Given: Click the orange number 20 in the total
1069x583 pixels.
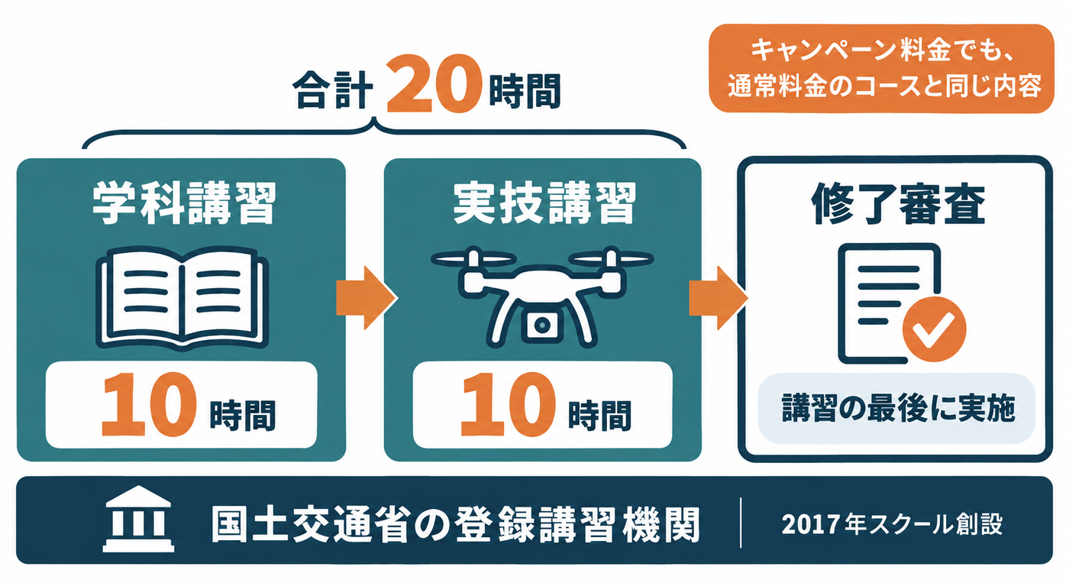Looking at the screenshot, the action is coord(432,84).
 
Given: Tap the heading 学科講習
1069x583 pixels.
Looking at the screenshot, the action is coord(184,203).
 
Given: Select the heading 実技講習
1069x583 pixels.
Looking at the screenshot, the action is coord(544,203).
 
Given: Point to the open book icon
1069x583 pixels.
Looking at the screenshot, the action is coord(182,298).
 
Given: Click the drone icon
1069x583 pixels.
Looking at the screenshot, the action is coord(542,296).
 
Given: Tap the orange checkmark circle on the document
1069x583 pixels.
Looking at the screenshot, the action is coord(934,329).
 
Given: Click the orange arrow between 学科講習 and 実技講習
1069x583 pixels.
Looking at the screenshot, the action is coord(367,298).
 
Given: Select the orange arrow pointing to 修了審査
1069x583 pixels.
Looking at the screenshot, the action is coord(719,298).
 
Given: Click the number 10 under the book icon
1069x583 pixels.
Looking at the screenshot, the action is coord(150,405).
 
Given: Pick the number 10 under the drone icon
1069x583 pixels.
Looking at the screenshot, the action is coord(508,405).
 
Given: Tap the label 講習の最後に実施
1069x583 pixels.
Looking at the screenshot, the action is coord(898,408).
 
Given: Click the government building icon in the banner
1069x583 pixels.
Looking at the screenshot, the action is coord(138,519).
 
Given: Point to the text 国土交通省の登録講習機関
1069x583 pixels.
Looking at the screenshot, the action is coord(455,525).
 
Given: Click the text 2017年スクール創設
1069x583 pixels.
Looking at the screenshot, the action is coord(892,524).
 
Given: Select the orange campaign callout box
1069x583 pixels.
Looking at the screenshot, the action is coord(881,69).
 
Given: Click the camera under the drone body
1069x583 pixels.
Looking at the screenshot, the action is coord(541,326).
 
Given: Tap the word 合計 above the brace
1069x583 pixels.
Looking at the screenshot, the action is coord(332,90).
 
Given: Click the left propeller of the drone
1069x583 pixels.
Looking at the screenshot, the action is coord(473,260).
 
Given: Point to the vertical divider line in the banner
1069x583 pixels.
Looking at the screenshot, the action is coord(741,523).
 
